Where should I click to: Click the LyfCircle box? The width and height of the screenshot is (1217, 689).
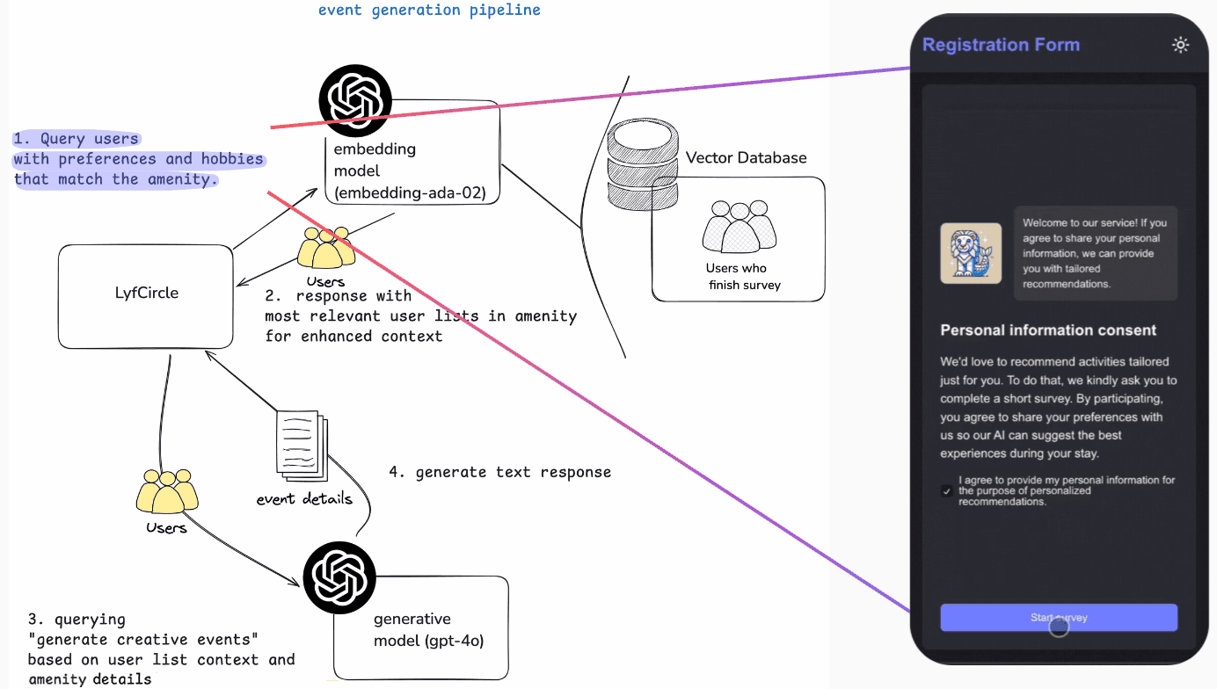click(x=146, y=295)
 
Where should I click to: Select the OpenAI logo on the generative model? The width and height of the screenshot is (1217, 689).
click(x=339, y=577)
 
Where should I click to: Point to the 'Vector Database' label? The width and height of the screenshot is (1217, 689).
click(x=746, y=158)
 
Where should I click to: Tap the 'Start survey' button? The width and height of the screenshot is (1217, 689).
click(x=1059, y=618)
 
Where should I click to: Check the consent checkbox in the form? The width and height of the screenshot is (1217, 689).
click(x=947, y=491)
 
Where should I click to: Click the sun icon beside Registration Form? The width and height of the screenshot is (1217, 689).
click(x=1180, y=45)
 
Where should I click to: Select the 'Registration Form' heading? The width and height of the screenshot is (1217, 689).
click(x=1001, y=45)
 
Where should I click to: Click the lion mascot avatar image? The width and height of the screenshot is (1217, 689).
click(x=971, y=253)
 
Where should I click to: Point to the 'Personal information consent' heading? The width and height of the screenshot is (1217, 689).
click(x=1048, y=330)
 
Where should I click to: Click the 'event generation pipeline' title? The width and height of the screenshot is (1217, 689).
click(x=429, y=11)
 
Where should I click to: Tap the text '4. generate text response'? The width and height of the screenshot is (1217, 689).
click(x=499, y=472)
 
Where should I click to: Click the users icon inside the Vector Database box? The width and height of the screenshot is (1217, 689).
click(x=740, y=228)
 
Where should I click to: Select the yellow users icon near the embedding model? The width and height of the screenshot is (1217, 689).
click(x=326, y=250)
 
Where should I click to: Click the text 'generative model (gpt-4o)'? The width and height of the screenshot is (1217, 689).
click(x=428, y=629)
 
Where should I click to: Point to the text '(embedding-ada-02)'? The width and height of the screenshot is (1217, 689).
click(x=410, y=192)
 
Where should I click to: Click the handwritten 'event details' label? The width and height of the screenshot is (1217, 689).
click(x=304, y=498)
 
